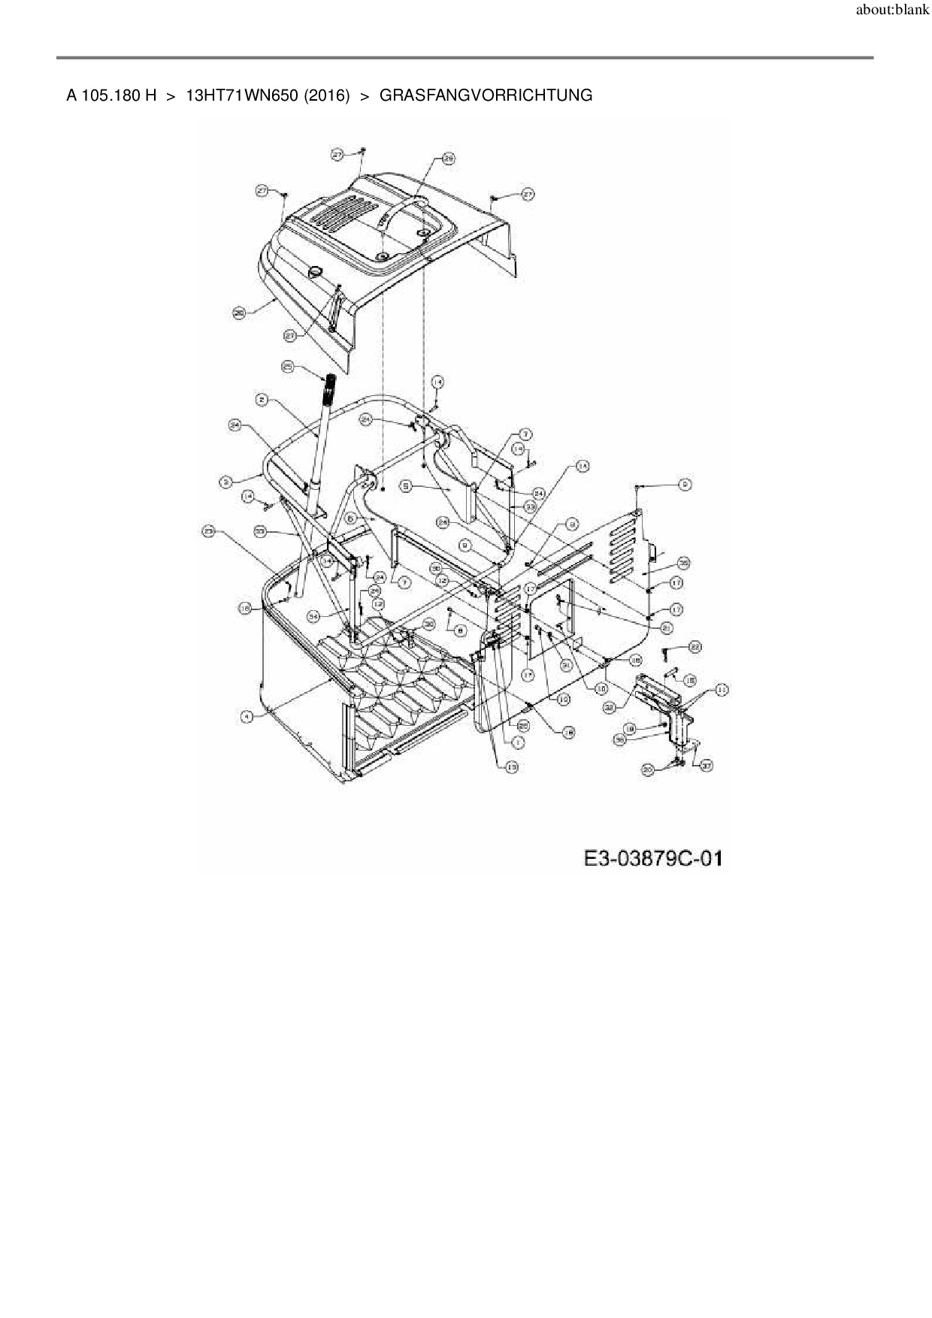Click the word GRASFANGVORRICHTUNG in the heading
coord(486,95)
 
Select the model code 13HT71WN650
coord(241,95)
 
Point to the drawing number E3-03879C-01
coord(652,857)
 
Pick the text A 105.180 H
coord(111,95)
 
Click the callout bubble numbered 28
coord(448,159)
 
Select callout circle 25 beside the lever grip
coord(288,367)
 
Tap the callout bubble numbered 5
coord(406,487)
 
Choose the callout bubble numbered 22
coord(695,646)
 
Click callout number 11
coord(722,689)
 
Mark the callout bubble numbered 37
coord(707,766)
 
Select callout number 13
coord(512,767)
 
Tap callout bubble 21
coord(667,627)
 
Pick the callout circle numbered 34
coord(315,615)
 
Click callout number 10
coord(563,699)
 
